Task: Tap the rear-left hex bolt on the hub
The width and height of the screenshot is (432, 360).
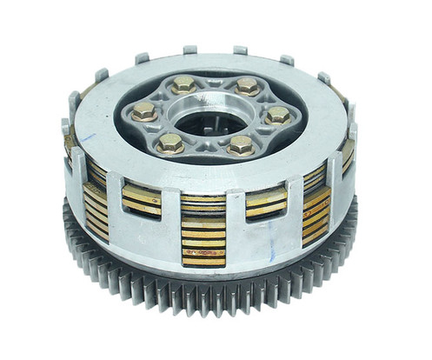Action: coord(183,84)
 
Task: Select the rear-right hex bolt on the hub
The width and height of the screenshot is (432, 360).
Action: coord(247,85)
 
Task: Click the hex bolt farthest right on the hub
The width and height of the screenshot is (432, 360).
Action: coord(277,115)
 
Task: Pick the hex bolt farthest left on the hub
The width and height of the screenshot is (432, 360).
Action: coord(145,111)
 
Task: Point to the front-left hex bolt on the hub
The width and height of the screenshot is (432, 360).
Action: coord(171,142)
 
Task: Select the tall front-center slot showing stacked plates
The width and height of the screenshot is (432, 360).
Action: coord(203,232)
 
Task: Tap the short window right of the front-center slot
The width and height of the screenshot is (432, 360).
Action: coord(266,203)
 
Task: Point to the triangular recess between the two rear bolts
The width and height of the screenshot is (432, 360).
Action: coord(215,83)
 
